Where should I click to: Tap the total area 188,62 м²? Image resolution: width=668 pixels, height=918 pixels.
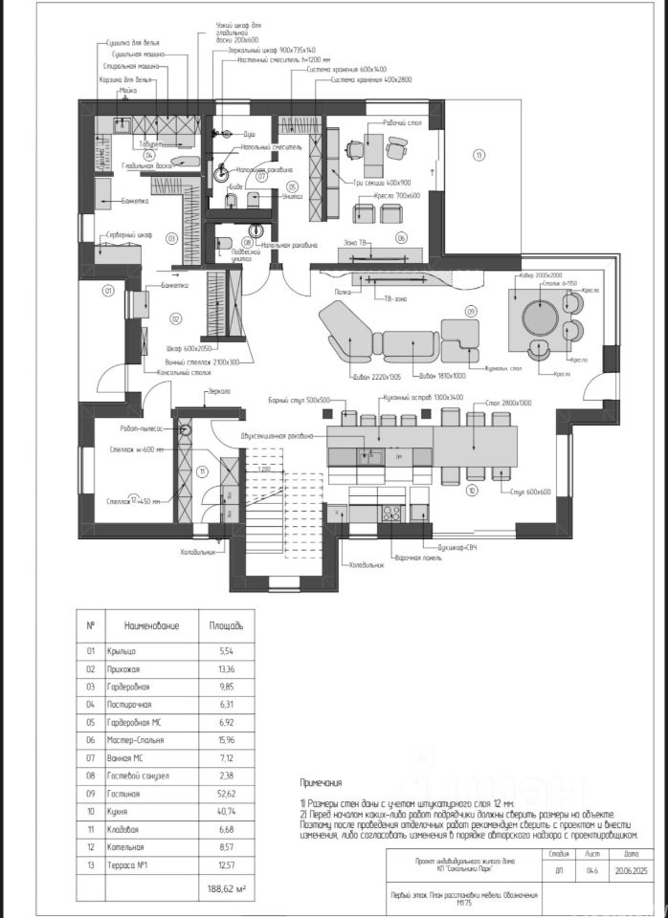click(x=227, y=889)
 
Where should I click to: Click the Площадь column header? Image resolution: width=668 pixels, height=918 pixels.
click(x=226, y=626)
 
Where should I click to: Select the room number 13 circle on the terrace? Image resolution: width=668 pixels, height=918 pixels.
click(x=479, y=155)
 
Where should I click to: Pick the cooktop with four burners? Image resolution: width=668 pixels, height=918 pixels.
click(x=391, y=513)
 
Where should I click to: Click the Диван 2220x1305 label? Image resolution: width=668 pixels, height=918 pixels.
click(x=357, y=377)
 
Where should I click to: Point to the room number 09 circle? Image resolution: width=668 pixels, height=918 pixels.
click(x=471, y=312)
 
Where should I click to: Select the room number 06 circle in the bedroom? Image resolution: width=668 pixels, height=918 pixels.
click(x=402, y=237)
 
